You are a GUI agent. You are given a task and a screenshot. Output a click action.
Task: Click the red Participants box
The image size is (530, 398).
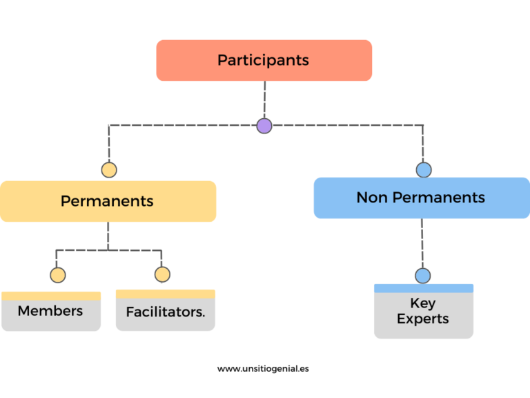pyautogui.click(x=264, y=60)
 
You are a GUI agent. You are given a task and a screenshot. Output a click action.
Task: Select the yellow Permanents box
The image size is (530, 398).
pyautogui.click(x=108, y=201)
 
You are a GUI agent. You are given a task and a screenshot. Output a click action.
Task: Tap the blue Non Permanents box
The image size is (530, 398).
pyautogui.click(x=422, y=198)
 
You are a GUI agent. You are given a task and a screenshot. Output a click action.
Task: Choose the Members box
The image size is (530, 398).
pyautogui.click(x=51, y=311)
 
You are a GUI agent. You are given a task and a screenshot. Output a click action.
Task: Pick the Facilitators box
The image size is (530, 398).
pyautogui.click(x=166, y=310)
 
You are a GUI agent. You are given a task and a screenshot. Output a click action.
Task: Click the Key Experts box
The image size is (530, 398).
pyautogui.click(x=424, y=311)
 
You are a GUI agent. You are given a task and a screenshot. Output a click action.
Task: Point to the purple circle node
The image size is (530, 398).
pyautogui.click(x=264, y=126)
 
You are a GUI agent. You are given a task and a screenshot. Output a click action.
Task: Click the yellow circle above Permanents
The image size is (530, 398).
pyautogui.click(x=109, y=170)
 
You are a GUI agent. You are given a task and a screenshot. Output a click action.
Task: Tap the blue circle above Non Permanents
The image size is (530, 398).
pyautogui.click(x=424, y=170)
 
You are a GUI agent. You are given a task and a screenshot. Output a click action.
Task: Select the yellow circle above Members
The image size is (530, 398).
pyautogui.click(x=58, y=275)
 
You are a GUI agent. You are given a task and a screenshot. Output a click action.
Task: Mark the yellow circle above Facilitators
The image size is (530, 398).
pyautogui.click(x=162, y=274)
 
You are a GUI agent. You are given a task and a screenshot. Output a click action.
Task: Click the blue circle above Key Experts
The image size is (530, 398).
pyautogui.click(x=423, y=276)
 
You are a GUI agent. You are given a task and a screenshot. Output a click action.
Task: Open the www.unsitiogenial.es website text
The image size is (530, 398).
pyautogui.click(x=263, y=368)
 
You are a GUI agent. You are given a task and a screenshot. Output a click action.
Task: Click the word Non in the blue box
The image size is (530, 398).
pyautogui.click(x=372, y=198)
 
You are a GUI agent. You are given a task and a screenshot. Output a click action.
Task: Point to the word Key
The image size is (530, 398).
pyautogui.click(x=423, y=303)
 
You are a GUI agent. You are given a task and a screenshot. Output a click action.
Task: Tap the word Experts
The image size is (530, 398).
pyautogui.click(x=423, y=319)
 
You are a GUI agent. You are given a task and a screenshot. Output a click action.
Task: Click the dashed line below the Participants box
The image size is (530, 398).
pyautogui.click(x=265, y=99)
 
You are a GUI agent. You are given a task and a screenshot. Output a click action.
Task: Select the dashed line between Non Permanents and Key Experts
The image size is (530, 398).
pyautogui.click(x=422, y=243)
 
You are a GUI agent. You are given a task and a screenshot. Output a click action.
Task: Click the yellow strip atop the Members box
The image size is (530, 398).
pyautogui.click(x=51, y=296)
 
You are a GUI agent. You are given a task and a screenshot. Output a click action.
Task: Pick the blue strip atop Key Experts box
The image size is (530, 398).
pyautogui.click(x=424, y=288)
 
